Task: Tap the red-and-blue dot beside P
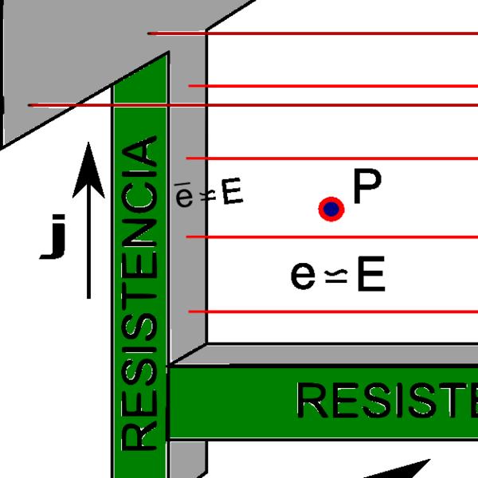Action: pyautogui.click(x=331, y=210)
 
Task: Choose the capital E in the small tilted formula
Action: pyautogui.click(x=232, y=193)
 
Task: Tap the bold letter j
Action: pyautogui.click(x=53, y=240)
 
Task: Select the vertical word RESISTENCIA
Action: pyautogui.click(x=140, y=295)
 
